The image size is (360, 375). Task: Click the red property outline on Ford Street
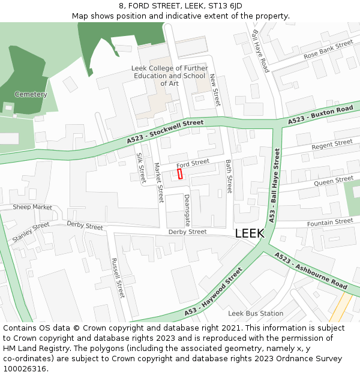click(x=180, y=173)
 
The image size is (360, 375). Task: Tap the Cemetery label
click(x=31, y=95)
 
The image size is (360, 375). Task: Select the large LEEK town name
click(x=249, y=233)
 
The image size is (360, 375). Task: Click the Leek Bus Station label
click(x=256, y=313)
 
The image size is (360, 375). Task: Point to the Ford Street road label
click(x=193, y=163)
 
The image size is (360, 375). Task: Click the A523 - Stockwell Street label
click(x=165, y=131)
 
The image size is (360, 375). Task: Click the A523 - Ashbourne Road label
click(x=311, y=271)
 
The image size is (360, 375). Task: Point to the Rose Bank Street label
click(x=328, y=50)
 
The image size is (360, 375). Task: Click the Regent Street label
click(x=332, y=145)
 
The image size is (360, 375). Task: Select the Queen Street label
click(x=334, y=181)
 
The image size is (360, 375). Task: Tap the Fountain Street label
click(x=330, y=223)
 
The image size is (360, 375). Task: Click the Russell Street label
click(x=118, y=278)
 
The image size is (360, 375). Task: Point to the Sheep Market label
click(x=32, y=207)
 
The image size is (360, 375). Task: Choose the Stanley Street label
click(x=31, y=232)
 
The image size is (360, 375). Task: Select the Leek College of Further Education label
click(x=169, y=76)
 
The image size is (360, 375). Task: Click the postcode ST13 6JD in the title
click(x=224, y=6)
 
